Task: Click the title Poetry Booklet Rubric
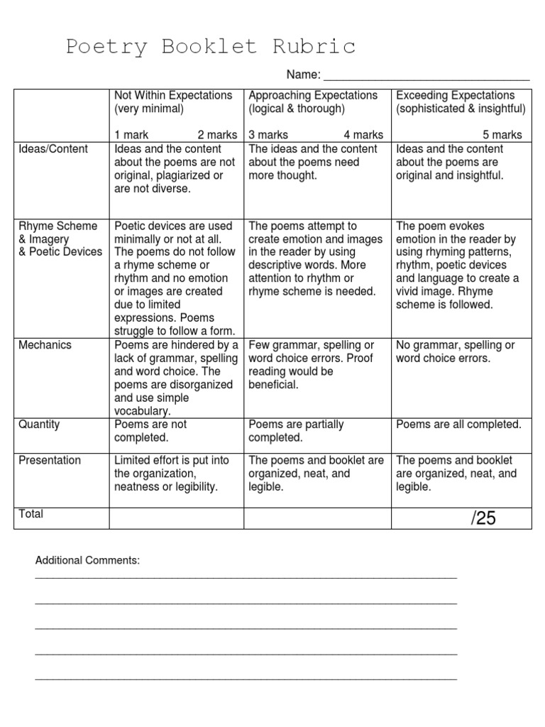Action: (x=211, y=47)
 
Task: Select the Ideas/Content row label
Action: (x=54, y=149)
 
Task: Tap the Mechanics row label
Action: (x=45, y=345)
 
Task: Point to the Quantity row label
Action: (x=40, y=425)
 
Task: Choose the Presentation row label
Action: (x=50, y=460)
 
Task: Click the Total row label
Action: (x=32, y=514)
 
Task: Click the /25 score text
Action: (x=483, y=519)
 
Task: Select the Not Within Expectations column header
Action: (x=173, y=95)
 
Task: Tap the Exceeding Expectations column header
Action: (x=455, y=95)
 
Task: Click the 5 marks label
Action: (x=502, y=135)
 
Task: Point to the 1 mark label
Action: (x=131, y=135)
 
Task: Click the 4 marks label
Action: (x=363, y=135)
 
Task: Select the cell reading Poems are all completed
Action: (x=458, y=425)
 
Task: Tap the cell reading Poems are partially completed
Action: (x=296, y=431)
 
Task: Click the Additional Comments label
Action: (x=88, y=561)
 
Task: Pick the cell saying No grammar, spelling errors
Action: (x=455, y=351)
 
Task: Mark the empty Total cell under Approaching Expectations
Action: (x=317, y=518)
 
